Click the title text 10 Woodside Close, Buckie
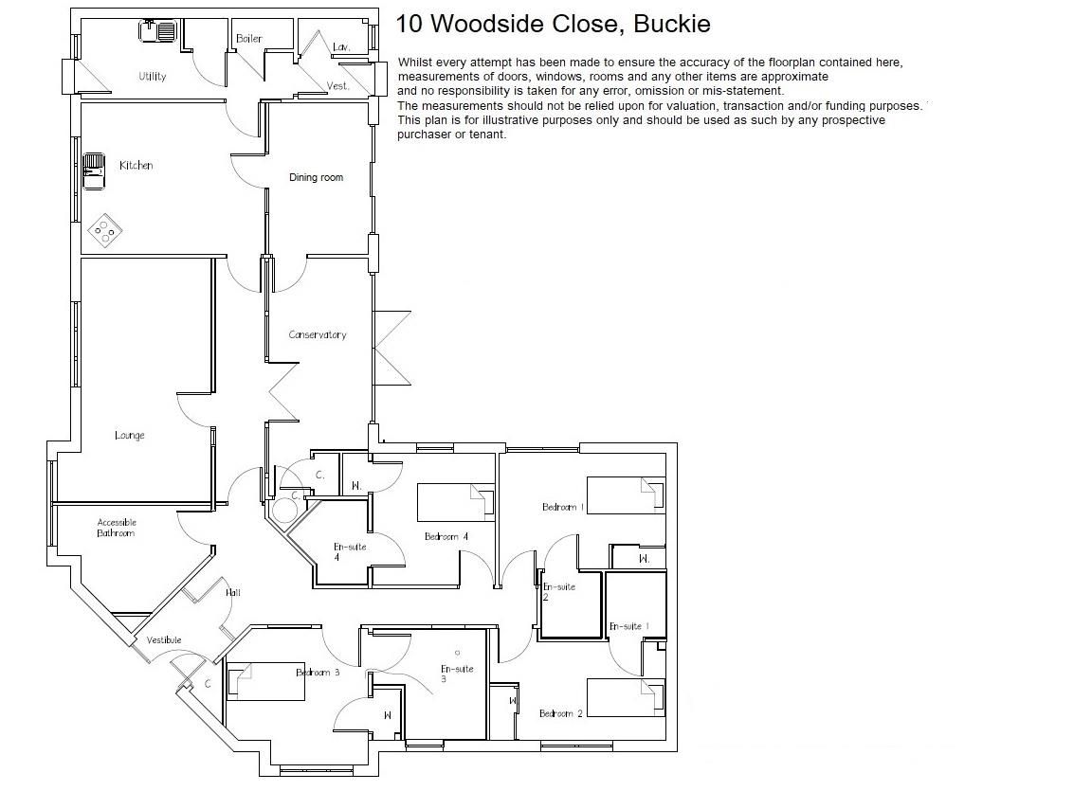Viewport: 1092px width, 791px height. point(553,24)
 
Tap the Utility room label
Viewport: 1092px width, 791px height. point(152,76)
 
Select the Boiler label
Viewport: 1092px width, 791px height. point(248,39)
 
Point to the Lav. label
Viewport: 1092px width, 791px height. point(342,46)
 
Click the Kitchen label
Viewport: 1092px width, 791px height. point(136,166)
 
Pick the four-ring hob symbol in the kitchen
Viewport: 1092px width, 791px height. point(105,228)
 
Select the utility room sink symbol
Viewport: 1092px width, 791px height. point(157,32)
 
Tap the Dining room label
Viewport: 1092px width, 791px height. point(316,177)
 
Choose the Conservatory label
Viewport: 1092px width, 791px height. point(318,334)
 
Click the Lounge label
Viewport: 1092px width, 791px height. point(130,436)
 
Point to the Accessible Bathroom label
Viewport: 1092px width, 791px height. point(117,528)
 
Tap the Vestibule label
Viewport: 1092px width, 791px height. point(164,640)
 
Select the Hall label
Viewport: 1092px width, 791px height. point(233,593)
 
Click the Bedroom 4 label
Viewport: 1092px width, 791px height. point(446,537)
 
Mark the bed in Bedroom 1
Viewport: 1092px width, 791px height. point(626,495)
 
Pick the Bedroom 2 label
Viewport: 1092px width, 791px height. point(560,713)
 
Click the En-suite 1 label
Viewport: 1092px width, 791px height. point(628,626)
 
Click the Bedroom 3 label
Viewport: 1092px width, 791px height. point(318,673)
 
